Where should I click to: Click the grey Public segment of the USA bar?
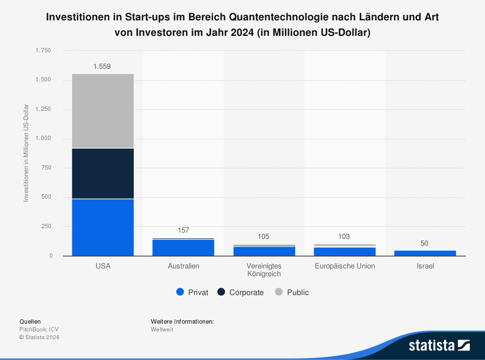(103, 111)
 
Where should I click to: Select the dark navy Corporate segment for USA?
(103, 173)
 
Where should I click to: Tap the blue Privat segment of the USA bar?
(103, 227)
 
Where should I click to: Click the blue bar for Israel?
(424, 253)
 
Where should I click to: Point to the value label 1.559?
(102, 67)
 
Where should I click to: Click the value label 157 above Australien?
(183, 230)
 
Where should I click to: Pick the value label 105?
(263, 236)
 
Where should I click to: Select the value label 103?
(344, 236)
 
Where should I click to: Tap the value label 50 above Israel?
(424, 243)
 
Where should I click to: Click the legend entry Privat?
(193, 292)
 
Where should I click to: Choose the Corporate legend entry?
(241, 292)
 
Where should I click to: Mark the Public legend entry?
(292, 292)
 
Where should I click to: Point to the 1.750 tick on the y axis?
(43, 50)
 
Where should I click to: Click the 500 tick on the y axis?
(47, 197)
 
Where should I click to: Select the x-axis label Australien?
(183, 266)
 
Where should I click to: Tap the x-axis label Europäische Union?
(344, 266)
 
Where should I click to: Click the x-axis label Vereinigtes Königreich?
(264, 270)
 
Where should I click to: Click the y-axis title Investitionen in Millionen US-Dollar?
(26, 153)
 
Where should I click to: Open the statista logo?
(439, 345)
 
